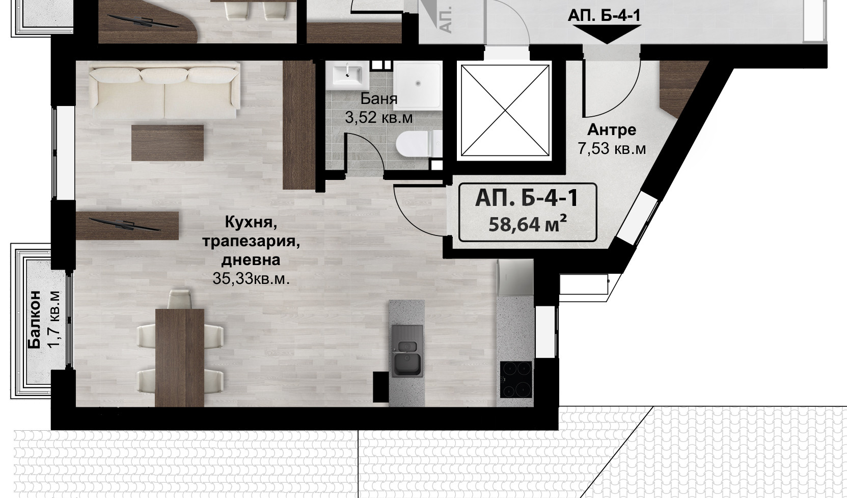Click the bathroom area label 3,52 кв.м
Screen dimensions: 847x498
[378, 117]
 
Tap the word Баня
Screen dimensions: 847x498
[378, 98]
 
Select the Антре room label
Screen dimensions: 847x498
[611, 130]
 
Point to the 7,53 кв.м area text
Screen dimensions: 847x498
[611, 148]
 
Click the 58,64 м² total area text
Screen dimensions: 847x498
[528, 224]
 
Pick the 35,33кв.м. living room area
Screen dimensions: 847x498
[251, 279]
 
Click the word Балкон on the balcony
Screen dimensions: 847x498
[35, 320]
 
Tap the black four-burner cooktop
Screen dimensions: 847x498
[516, 380]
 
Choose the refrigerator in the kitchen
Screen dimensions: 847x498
[515, 277]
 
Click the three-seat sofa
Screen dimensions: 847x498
[165, 90]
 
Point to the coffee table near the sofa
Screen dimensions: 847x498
[168, 143]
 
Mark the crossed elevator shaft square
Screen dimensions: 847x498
[505, 110]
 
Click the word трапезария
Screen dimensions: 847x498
[251, 242]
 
